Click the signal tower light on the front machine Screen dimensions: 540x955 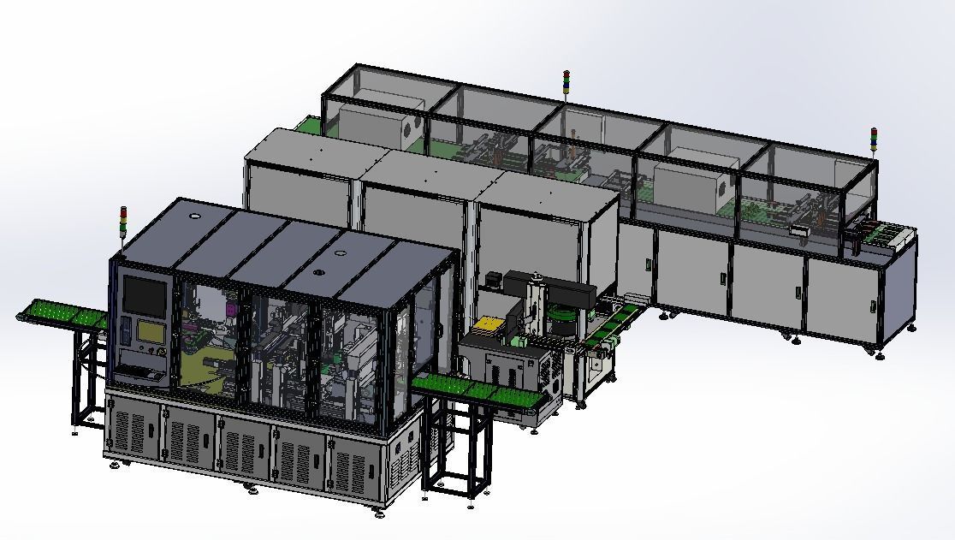tap(122, 222)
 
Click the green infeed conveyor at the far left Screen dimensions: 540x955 tap(60, 312)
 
